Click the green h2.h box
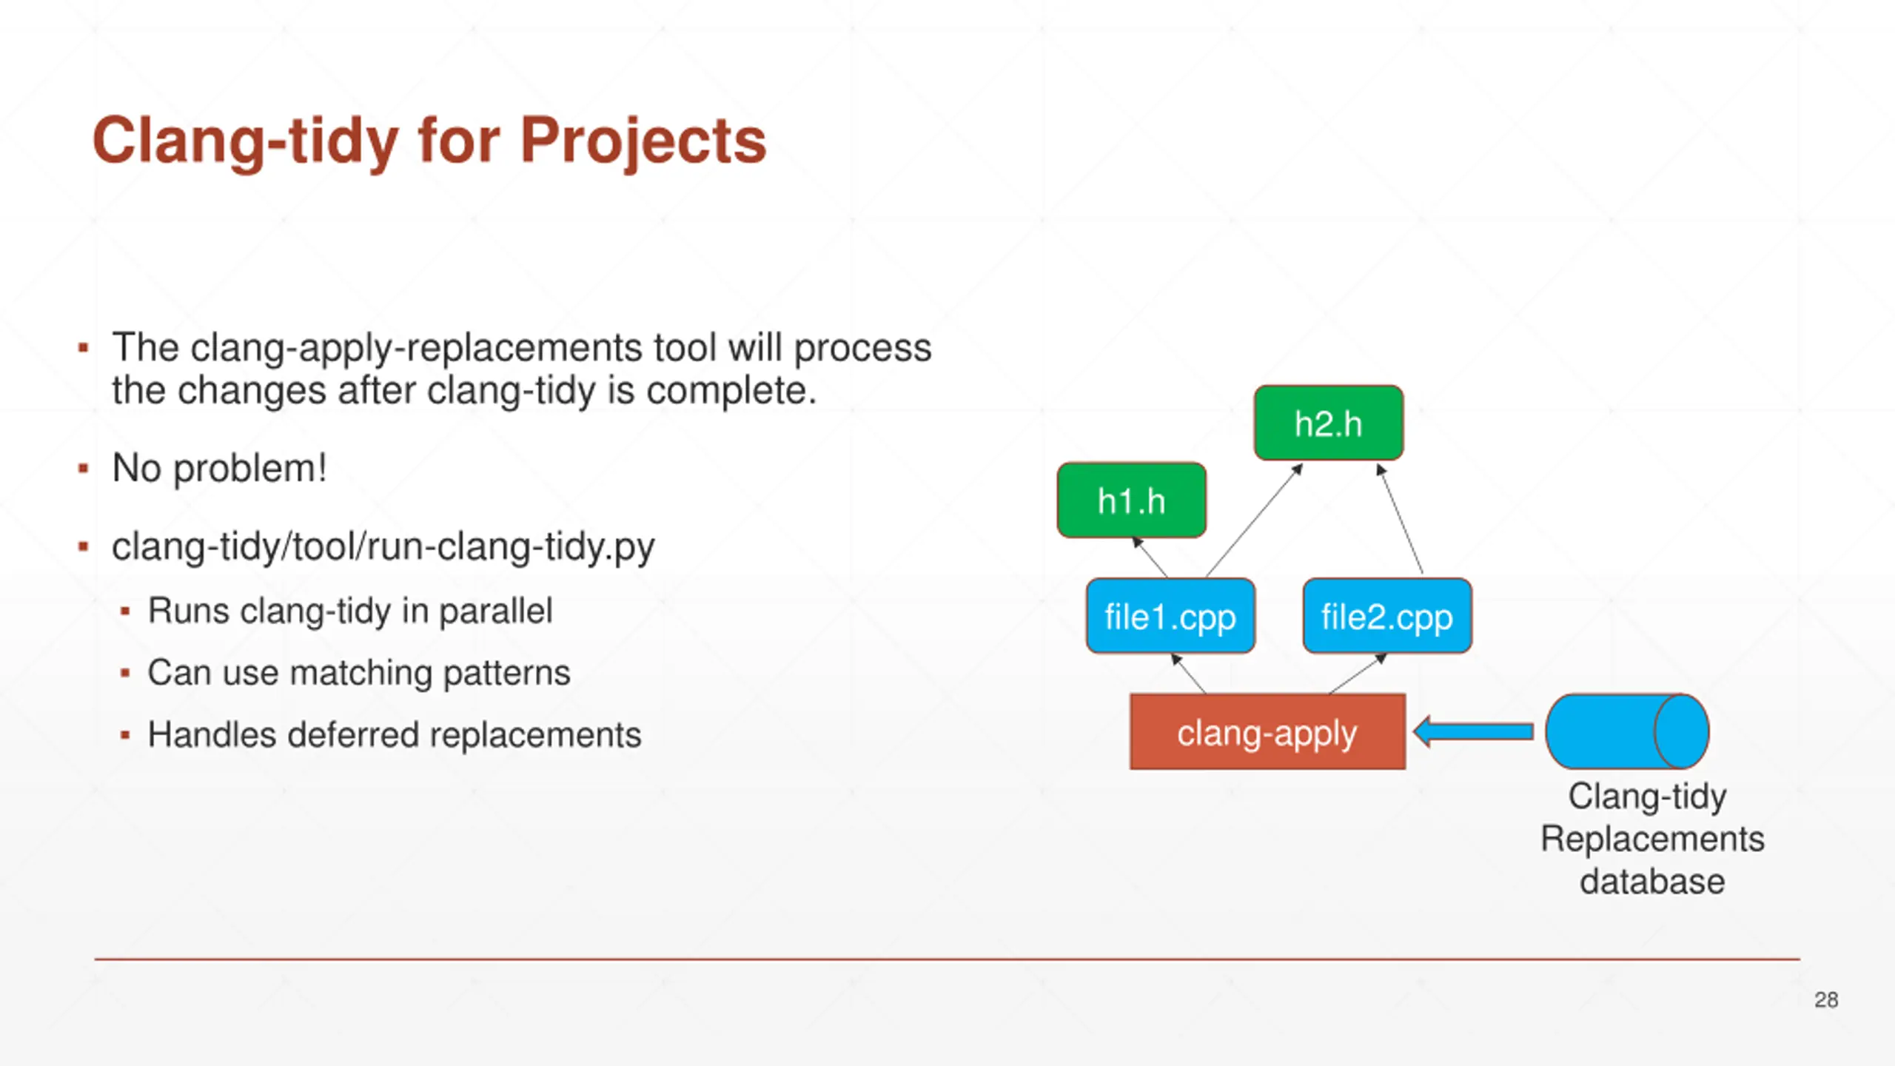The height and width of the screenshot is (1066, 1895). click(1329, 423)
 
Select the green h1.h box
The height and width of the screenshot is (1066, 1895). click(1132, 500)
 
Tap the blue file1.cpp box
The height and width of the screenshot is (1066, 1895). click(1170, 616)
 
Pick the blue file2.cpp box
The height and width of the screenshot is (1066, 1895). click(1387, 616)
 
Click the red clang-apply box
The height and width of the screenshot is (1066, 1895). click(1267, 732)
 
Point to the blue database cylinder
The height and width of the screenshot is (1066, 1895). click(1628, 731)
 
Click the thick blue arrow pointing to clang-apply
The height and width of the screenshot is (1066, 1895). click(1473, 732)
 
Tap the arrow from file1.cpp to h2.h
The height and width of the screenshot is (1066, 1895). click(1254, 520)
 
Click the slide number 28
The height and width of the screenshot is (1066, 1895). click(1826, 1000)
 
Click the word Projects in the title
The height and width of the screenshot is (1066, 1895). click(643, 142)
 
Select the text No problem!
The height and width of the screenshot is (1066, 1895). click(219, 469)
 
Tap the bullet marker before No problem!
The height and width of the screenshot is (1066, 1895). click(84, 469)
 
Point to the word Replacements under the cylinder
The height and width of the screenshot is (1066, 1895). click(1652, 839)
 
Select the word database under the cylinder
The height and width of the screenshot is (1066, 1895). click(1652, 882)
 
